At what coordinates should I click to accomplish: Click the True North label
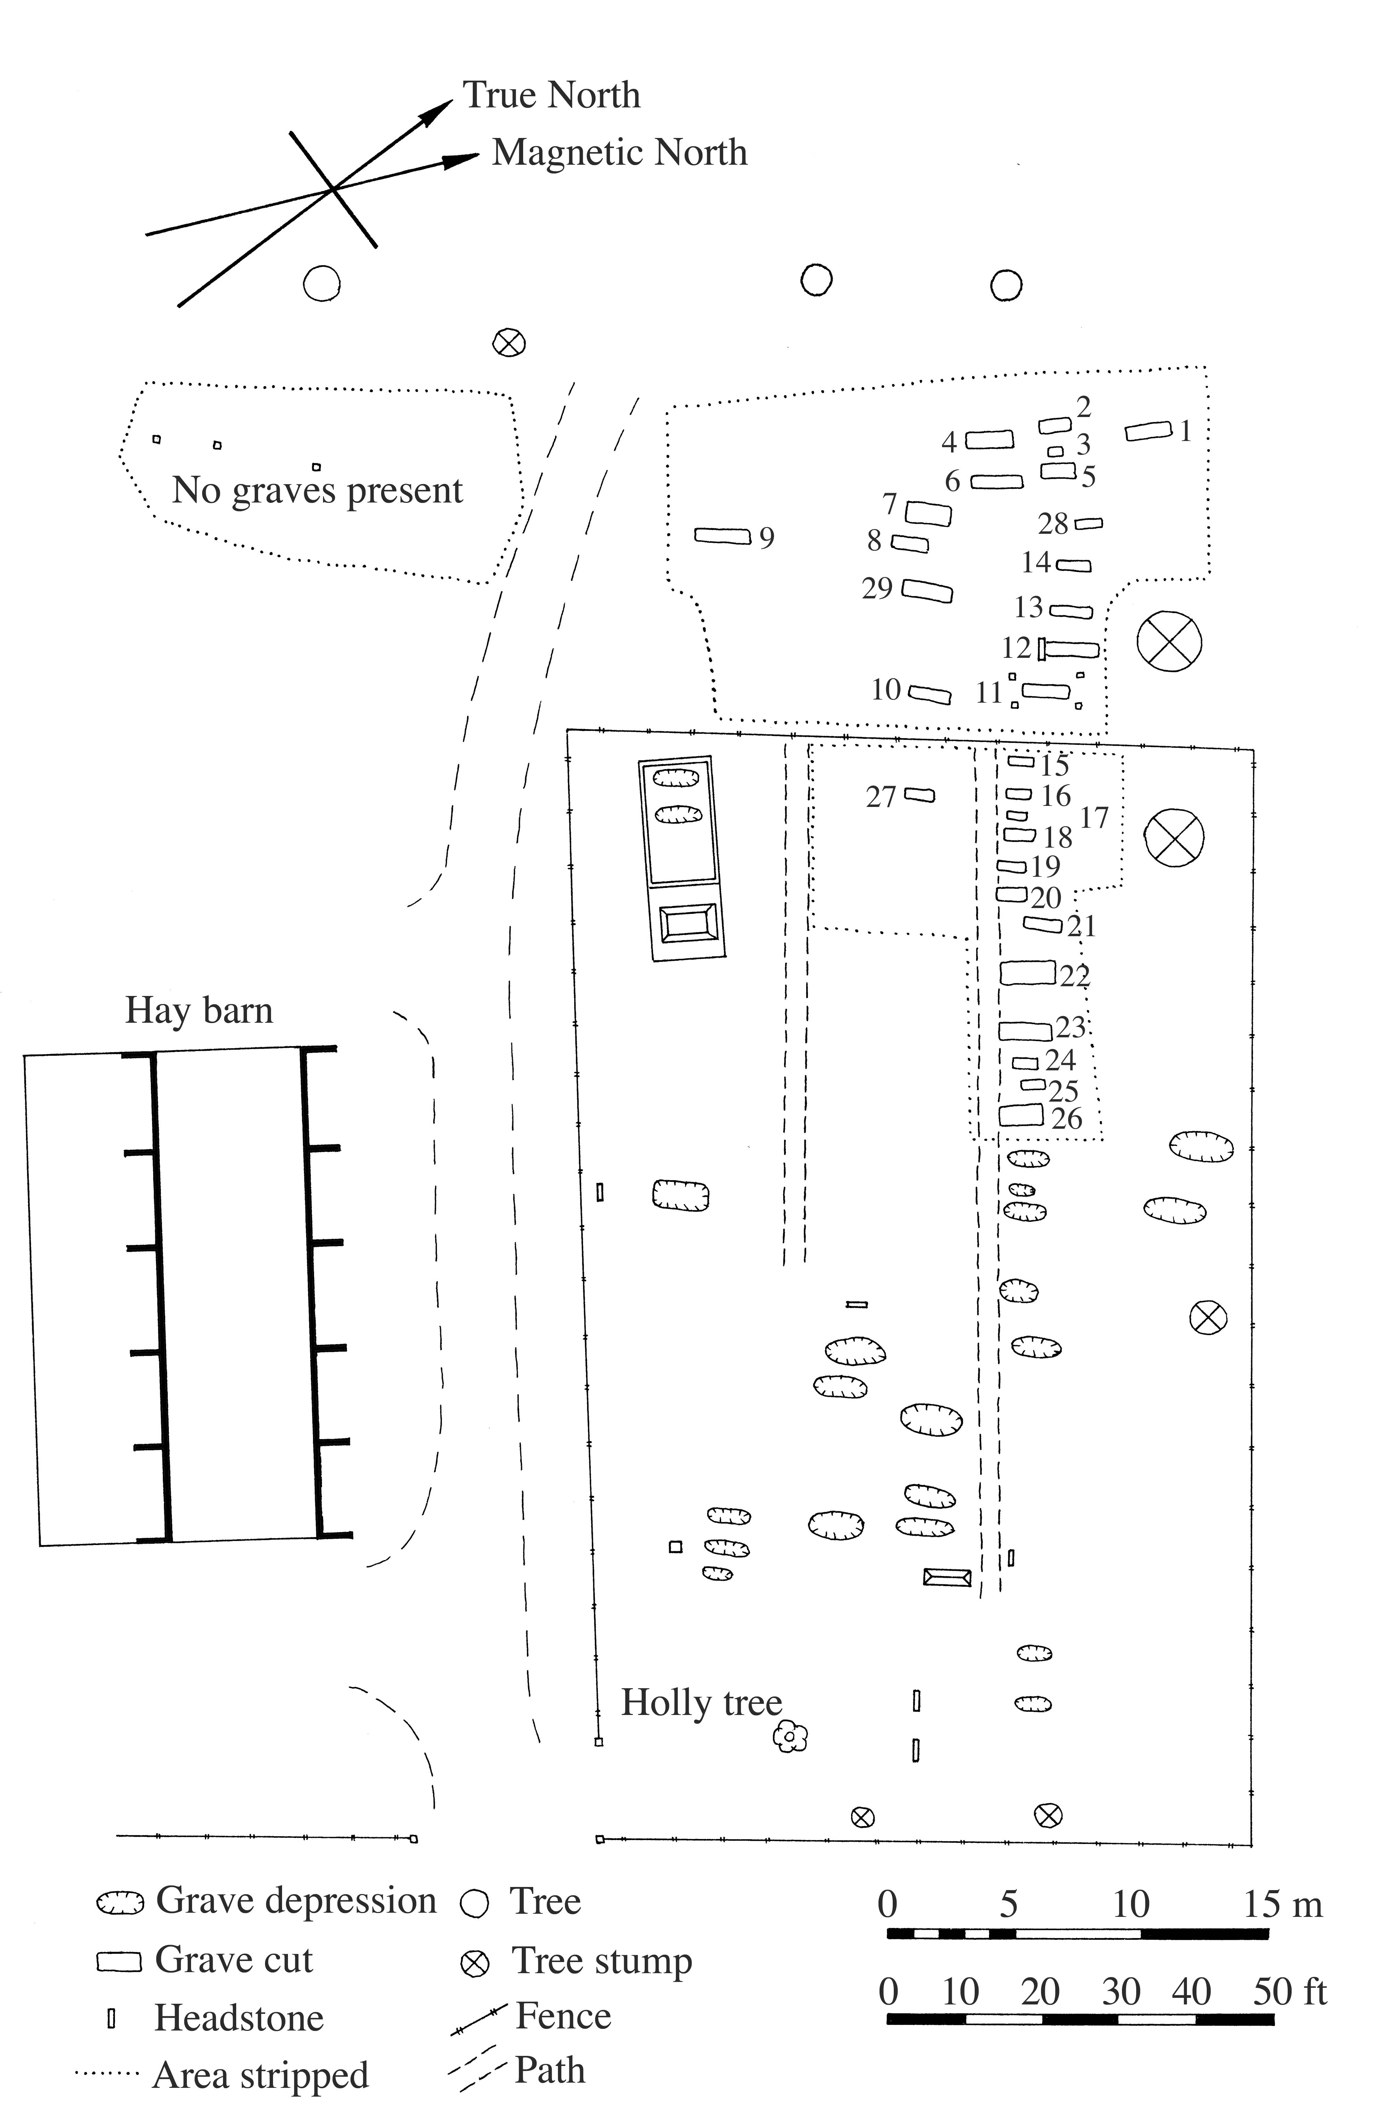click(x=552, y=95)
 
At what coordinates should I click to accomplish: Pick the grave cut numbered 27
click(x=920, y=795)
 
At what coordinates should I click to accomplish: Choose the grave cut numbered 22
click(x=1027, y=973)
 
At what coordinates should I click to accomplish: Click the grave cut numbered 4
click(x=989, y=440)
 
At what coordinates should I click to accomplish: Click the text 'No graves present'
click(x=317, y=490)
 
